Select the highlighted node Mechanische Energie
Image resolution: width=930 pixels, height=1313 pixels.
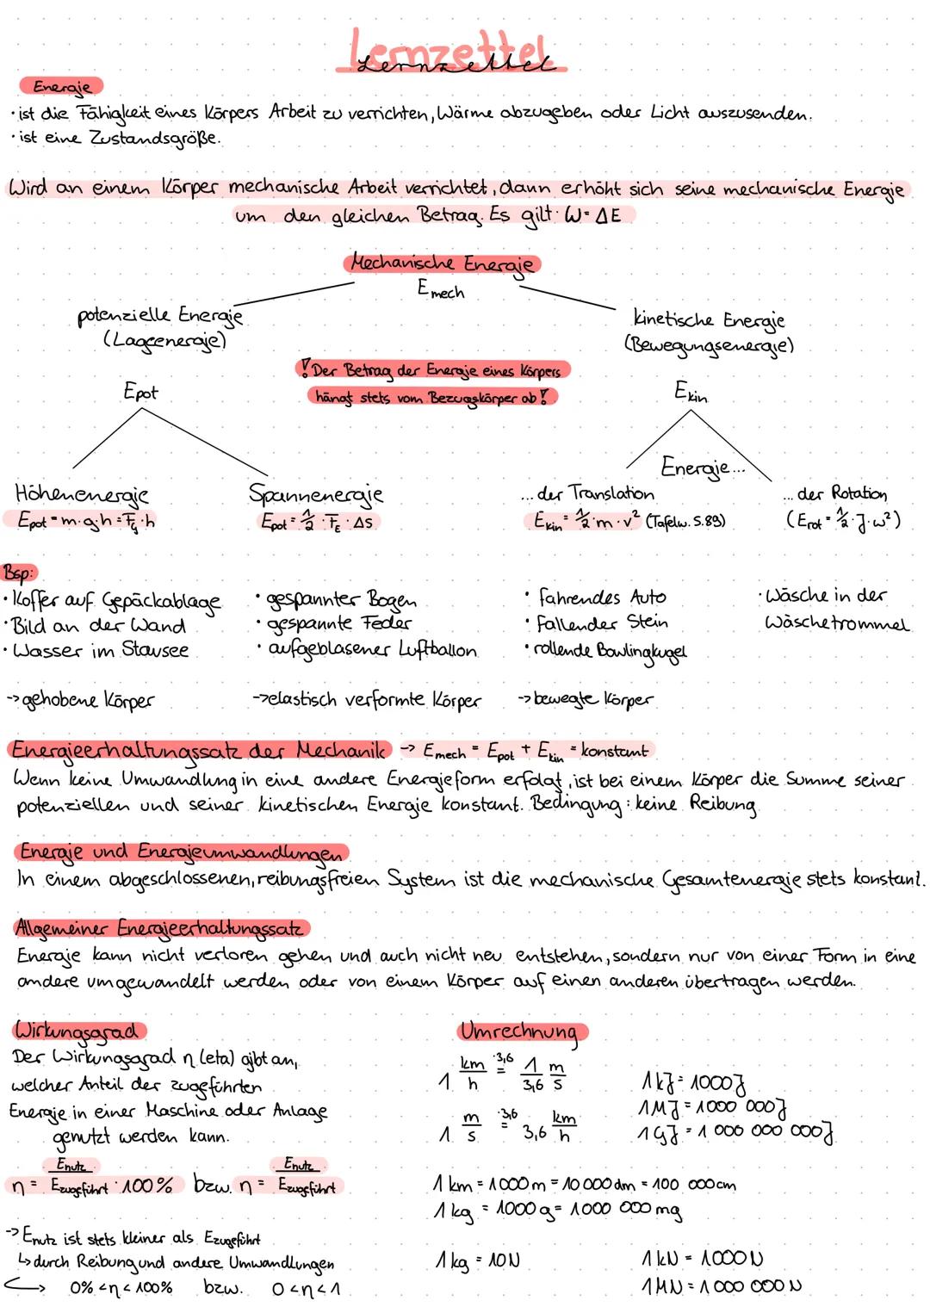pos(442,263)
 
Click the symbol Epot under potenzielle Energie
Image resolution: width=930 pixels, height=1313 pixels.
pos(140,393)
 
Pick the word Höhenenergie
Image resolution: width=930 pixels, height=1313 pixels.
pos(82,494)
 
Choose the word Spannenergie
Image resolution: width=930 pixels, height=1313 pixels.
pos(315,494)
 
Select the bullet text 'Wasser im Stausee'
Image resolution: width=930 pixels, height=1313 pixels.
pos(99,650)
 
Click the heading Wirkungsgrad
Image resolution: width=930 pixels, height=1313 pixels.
pos(78,1031)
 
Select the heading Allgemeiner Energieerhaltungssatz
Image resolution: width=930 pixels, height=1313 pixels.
pos(159,928)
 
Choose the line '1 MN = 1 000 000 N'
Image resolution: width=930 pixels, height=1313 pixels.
pos(721,1288)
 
